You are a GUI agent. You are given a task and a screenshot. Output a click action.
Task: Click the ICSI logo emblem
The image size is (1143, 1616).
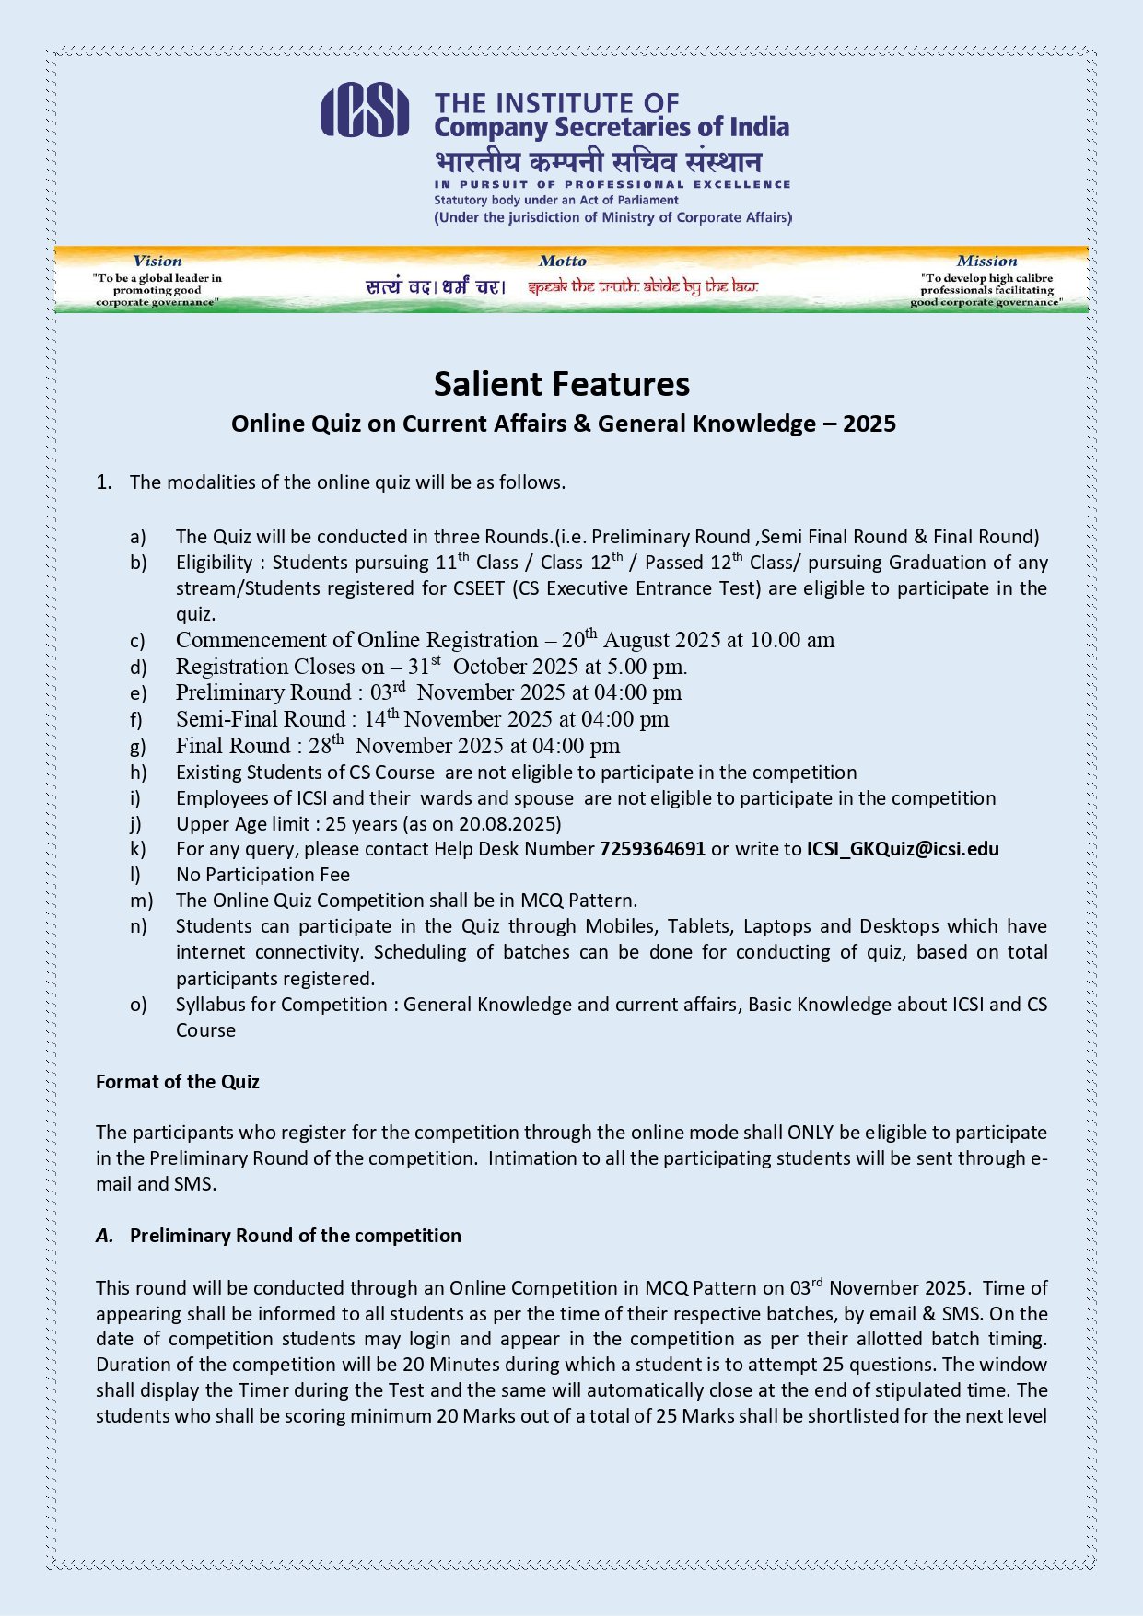(365, 110)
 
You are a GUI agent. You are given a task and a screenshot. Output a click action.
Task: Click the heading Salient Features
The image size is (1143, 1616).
(562, 384)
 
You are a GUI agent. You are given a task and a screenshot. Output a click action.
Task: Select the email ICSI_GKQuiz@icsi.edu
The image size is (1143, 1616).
(903, 849)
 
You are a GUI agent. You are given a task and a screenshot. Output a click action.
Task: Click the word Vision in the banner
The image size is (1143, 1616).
(157, 262)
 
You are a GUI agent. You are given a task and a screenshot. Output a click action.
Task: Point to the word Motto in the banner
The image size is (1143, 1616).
(562, 262)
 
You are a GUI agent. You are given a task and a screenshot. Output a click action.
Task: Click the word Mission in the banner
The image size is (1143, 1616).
(986, 262)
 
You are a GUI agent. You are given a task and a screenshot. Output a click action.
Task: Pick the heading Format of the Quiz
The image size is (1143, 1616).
(178, 1082)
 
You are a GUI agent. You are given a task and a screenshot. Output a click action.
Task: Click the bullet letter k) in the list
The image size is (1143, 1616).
(137, 849)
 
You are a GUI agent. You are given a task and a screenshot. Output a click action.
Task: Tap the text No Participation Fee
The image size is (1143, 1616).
(262, 875)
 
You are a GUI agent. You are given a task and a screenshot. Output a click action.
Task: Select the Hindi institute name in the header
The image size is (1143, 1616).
(599, 162)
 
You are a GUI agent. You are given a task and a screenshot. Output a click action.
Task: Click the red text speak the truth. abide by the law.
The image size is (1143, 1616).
(643, 286)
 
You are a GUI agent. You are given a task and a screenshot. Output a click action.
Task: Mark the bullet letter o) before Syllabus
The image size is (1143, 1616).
(138, 1005)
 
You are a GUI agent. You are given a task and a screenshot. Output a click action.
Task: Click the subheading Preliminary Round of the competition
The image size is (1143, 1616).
(295, 1236)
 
